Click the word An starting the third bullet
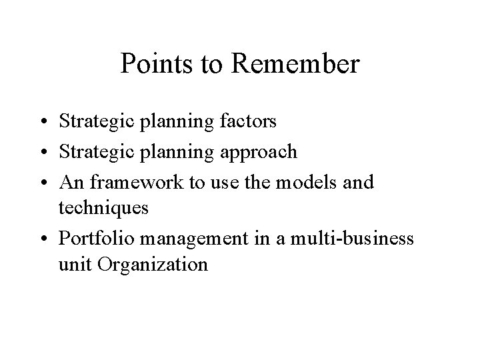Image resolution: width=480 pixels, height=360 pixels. [x=71, y=181]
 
